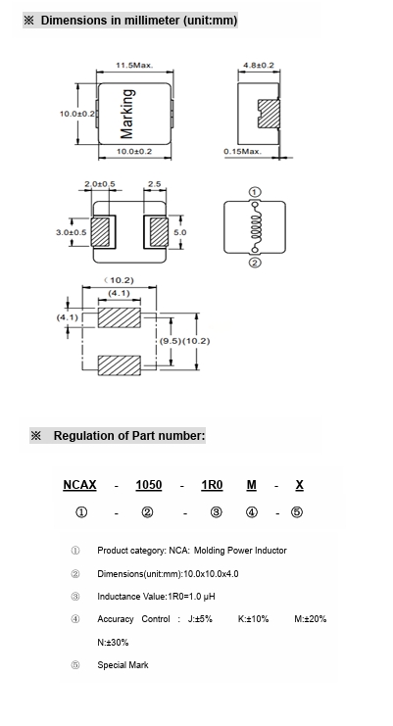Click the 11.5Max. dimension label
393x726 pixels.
coord(134,66)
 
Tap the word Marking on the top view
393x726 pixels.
coord(127,114)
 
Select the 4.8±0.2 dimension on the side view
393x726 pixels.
coord(259,66)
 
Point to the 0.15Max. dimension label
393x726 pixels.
coord(242,152)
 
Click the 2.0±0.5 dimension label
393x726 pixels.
coord(100,184)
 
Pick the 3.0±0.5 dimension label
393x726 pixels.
coord(72,232)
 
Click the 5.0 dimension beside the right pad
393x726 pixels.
coord(179,232)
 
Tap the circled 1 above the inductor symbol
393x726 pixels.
coord(255,192)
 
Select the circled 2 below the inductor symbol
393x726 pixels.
coord(255,263)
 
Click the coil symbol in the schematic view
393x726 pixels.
coord(255,227)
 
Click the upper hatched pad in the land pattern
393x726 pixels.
coord(119,317)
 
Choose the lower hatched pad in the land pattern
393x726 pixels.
coord(119,365)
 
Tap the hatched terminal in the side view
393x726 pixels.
coord(269,114)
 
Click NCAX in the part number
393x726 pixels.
coord(79,485)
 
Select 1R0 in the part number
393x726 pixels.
coord(212,485)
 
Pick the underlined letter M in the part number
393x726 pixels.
coord(251,485)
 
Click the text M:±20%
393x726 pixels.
coord(310,619)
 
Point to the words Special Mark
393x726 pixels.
coord(123,665)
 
